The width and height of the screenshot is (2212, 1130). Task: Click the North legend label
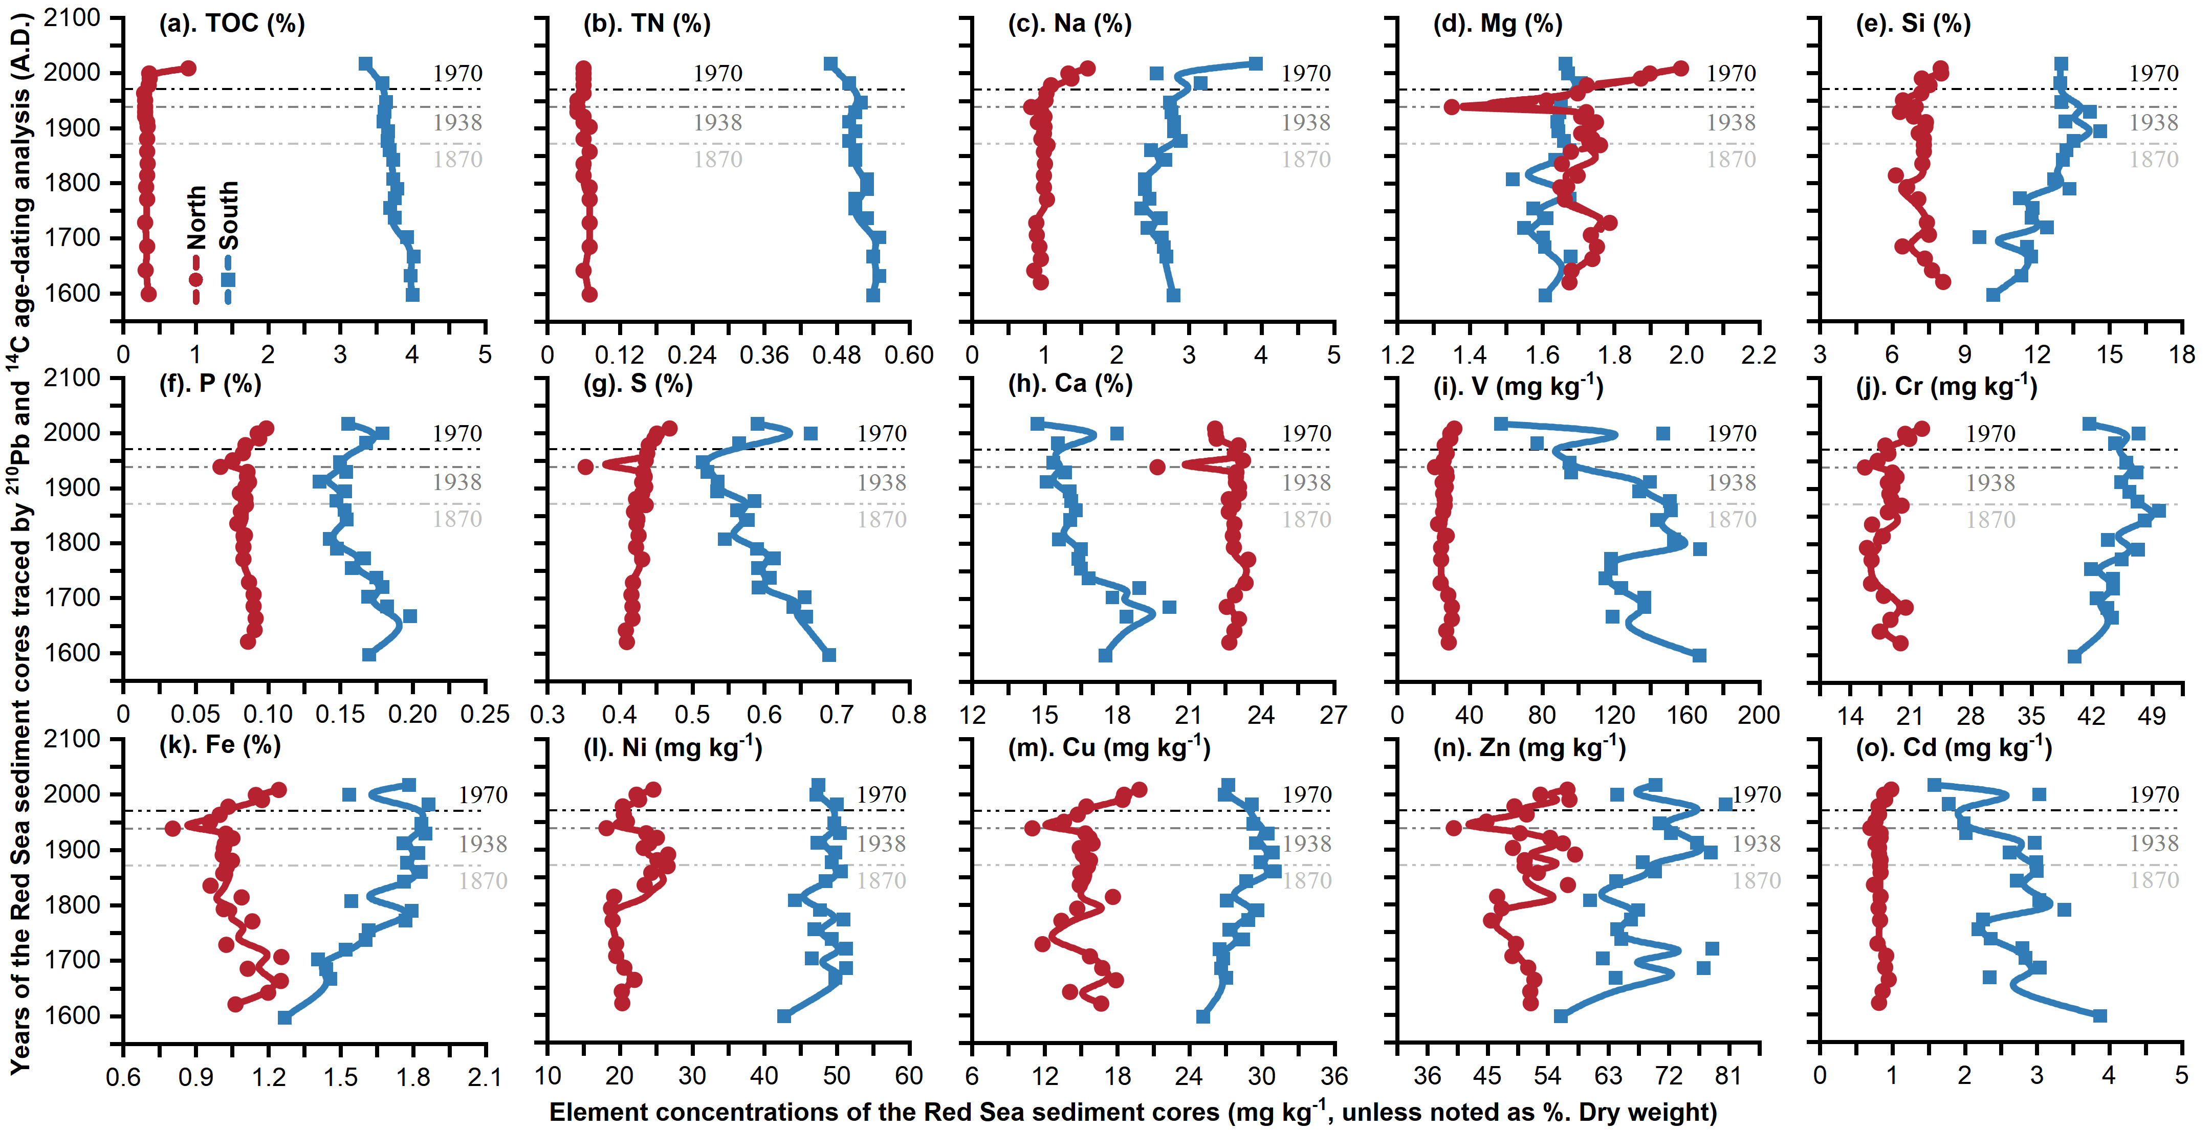tap(196, 218)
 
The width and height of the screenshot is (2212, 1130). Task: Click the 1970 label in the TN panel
tap(718, 74)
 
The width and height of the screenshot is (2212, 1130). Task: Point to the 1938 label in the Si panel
tap(2154, 123)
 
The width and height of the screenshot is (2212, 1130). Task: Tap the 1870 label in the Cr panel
tap(1990, 520)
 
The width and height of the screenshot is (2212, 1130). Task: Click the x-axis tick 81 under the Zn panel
tap(1728, 1076)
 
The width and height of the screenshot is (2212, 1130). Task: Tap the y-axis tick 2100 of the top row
tap(72, 17)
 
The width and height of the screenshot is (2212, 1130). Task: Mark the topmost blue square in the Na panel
tap(1256, 63)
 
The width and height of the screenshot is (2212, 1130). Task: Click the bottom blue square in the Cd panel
tap(2099, 1016)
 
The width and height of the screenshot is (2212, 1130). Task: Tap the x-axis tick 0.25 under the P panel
tap(486, 715)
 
